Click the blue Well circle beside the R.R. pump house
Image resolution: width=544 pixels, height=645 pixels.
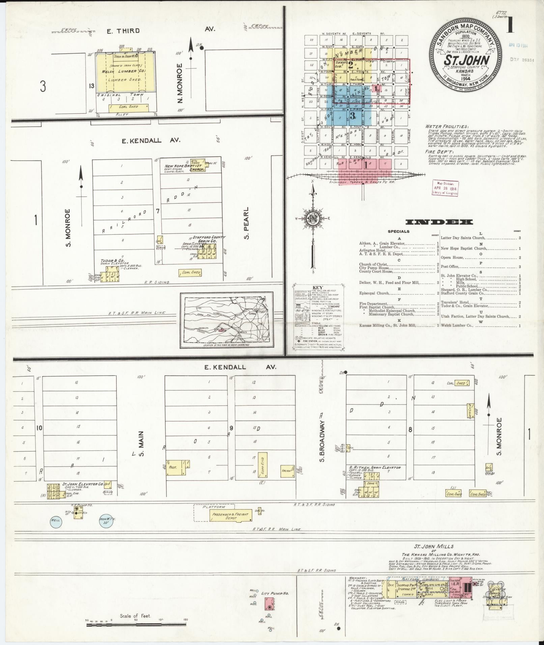[x=55, y=520]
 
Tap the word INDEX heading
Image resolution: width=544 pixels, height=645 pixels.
[x=439, y=222]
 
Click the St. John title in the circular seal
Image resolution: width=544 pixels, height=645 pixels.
[x=466, y=61]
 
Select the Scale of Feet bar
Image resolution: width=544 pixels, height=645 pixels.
[x=137, y=625]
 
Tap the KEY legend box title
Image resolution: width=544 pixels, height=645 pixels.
[x=318, y=287]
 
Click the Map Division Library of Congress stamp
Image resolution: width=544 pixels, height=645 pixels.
[x=445, y=187]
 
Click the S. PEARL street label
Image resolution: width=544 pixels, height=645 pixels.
[x=246, y=223]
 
